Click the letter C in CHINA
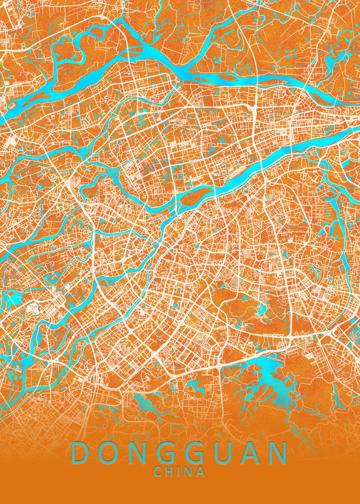coord(158,472)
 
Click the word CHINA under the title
coord(179,472)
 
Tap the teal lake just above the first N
coord(145,404)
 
